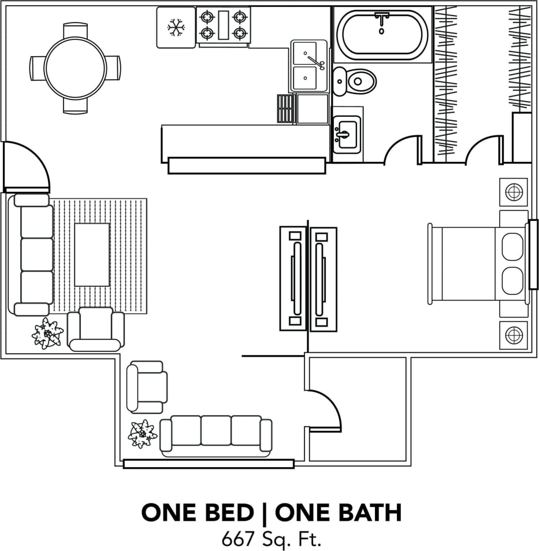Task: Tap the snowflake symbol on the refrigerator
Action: pos(175,27)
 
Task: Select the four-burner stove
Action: pos(223,25)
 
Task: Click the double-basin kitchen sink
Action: pos(307,65)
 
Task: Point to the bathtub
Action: pos(382,34)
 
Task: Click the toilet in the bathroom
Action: pos(355,81)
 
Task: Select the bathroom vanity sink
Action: pos(346,135)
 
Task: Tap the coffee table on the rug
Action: pos(92,254)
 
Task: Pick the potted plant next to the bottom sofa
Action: pos(142,433)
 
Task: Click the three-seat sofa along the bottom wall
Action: pos(216,434)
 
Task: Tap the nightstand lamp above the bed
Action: pos(514,192)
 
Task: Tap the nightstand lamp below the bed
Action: pos(514,335)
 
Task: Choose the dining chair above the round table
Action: pos(75,31)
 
